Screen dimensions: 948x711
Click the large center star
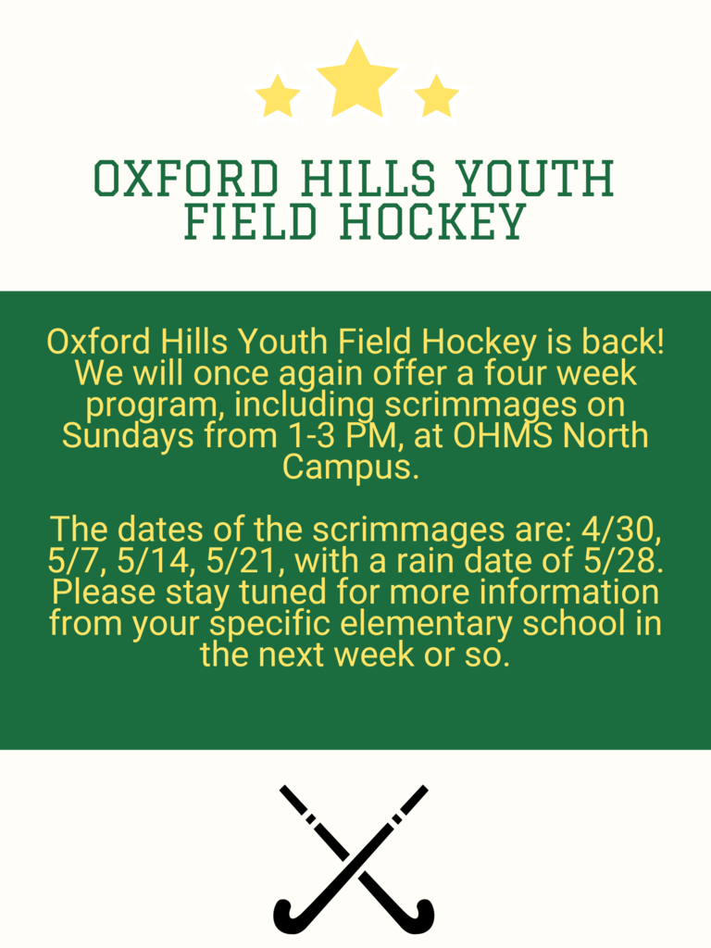356,81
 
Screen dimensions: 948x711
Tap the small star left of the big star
278,97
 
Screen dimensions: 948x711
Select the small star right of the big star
436,97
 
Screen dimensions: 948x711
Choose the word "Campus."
351,467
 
